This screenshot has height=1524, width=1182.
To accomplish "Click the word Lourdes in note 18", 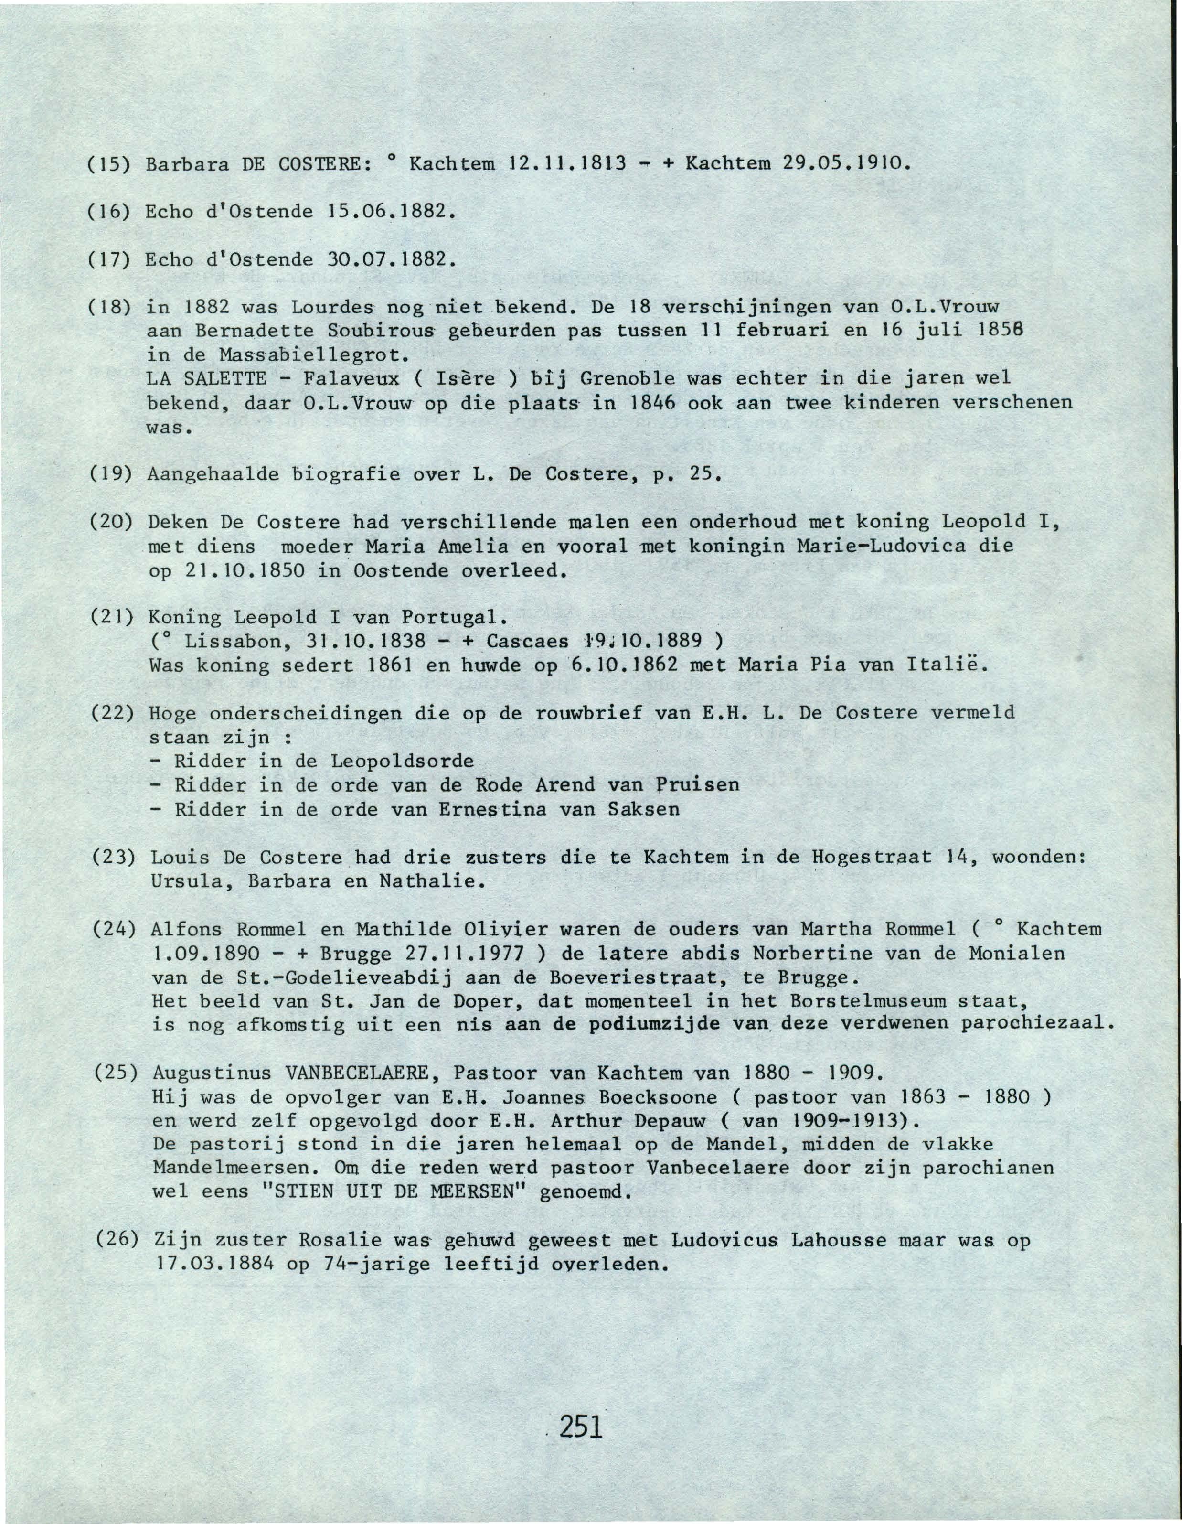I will click(333, 306).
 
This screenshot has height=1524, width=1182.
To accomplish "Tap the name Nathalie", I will click(431, 881).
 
